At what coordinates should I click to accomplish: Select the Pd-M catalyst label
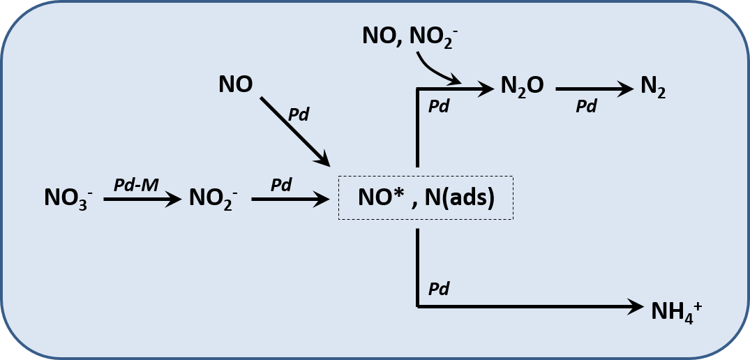135,185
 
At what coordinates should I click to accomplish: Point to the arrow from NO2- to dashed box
290,200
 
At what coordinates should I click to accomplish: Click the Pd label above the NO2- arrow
280,185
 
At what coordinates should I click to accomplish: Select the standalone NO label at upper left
235,85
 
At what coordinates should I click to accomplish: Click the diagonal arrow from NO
294,130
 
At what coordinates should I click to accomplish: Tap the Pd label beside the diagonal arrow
299,114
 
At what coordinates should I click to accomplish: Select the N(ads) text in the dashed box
458,198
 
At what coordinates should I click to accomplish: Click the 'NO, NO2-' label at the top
410,36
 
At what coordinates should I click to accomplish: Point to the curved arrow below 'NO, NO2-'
435,70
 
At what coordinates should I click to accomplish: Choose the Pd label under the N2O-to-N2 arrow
586,107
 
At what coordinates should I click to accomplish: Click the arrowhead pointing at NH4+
636,306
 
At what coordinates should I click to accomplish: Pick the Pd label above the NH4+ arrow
438,288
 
